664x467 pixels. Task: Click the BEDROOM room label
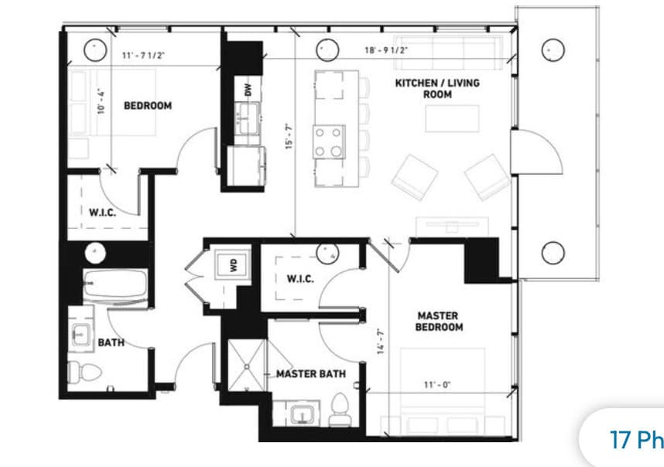147,105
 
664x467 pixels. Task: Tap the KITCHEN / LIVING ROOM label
437,88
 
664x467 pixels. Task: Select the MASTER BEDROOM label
439,321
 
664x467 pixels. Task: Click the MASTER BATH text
311,374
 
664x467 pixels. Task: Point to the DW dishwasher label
248,90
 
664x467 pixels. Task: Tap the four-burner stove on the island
327,141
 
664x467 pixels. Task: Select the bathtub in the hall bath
115,286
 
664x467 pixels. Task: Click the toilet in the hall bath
78,371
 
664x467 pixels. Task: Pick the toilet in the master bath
339,410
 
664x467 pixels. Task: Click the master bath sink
302,414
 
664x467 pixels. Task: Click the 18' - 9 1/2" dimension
386,50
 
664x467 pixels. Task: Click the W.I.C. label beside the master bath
299,279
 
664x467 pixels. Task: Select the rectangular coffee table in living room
451,118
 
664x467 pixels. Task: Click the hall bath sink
80,334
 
